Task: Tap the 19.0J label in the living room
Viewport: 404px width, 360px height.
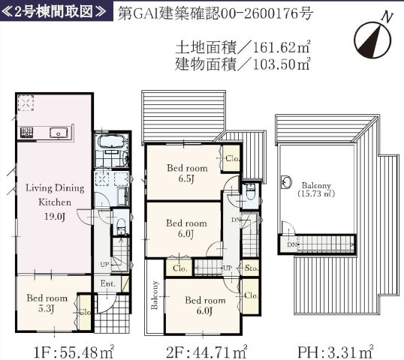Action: [55, 217]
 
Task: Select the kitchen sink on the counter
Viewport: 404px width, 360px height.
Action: [59, 133]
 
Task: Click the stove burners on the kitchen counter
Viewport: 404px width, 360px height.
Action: [26, 132]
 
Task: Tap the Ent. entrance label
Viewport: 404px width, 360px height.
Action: [107, 283]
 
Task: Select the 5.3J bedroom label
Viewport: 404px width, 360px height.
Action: [47, 308]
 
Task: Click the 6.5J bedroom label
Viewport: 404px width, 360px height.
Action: [186, 178]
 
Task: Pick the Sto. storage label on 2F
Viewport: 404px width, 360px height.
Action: [252, 268]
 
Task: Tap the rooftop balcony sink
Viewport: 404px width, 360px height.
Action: [286, 182]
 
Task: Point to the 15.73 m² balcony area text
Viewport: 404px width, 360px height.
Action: [316, 193]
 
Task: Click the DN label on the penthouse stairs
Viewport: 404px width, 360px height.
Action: [292, 244]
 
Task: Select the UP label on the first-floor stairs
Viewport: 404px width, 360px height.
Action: [105, 264]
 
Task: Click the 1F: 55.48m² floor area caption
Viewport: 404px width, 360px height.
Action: [74, 352]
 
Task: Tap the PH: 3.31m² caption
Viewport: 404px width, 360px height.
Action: [335, 352]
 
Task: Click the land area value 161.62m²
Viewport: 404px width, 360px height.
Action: [282, 47]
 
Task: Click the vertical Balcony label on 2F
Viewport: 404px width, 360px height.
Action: [155, 295]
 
